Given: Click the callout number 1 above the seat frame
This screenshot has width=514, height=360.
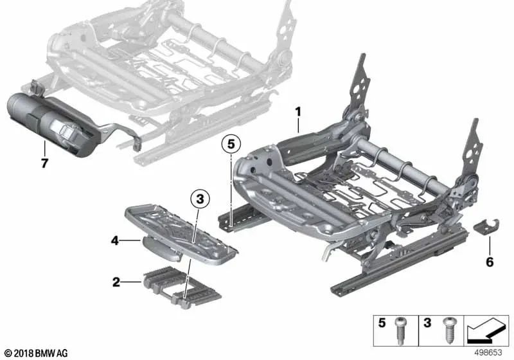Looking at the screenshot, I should (298, 112).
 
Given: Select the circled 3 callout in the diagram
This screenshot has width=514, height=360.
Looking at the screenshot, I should (200, 200).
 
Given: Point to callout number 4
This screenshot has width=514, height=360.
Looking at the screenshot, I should (114, 242).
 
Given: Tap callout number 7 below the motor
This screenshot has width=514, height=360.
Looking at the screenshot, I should (44, 163).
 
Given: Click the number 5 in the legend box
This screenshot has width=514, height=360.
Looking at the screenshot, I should (382, 324).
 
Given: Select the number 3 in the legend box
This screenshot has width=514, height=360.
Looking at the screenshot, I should (427, 324).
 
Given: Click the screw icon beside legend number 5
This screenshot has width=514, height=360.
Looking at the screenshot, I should (401, 332).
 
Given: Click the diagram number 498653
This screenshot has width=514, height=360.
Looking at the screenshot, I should (490, 353).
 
